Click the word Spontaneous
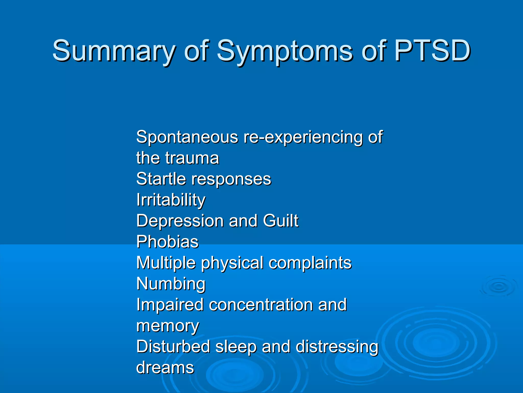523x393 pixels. click(x=187, y=137)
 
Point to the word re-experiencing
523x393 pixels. click(x=303, y=137)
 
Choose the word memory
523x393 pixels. click(x=167, y=326)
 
